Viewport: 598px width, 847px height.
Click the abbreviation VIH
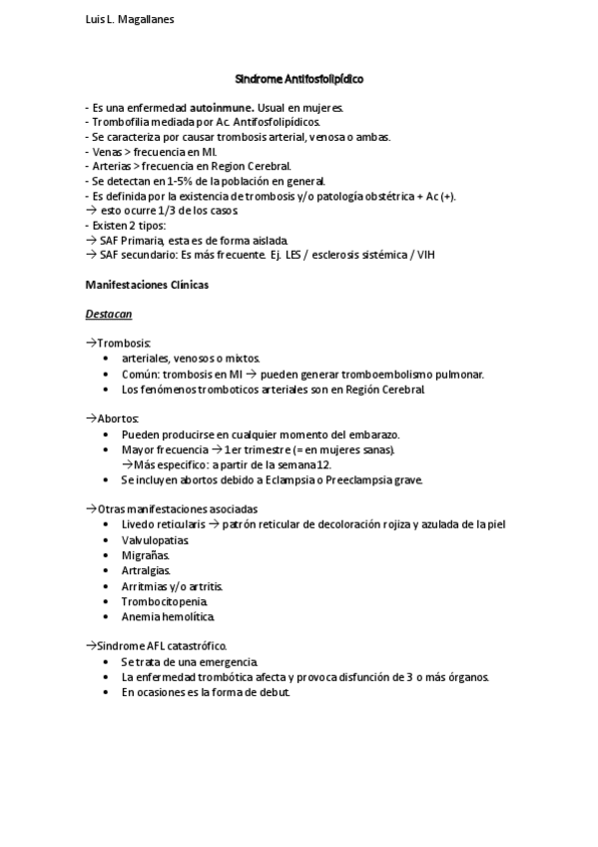[424, 255]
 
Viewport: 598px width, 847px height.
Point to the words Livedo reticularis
[164, 523]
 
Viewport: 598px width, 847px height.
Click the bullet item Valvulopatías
[155, 539]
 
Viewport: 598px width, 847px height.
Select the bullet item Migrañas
[146, 554]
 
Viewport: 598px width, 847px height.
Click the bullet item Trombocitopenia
[165, 601]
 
